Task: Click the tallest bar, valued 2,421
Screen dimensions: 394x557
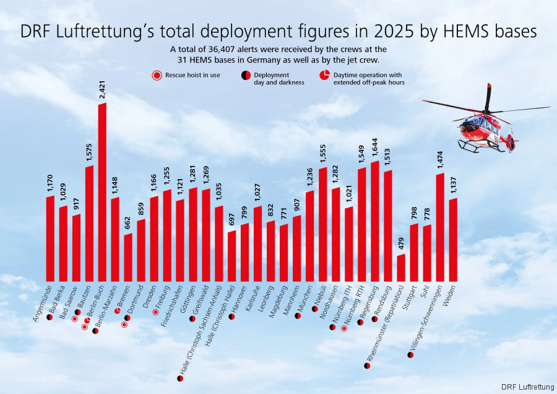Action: click(x=102, y=192)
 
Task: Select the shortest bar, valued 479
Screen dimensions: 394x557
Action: click(x=401, y=267)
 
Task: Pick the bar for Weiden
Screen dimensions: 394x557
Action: click(x=453, y=239)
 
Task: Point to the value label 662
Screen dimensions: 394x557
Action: click(x=128, y=224)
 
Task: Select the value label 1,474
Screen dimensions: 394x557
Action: click(x=440, y=159)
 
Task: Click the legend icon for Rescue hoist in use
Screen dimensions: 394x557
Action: click(x=157, y=75)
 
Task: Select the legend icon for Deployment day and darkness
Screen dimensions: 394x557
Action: click(x=246, y=75)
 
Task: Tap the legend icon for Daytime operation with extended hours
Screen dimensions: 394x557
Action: click(x=324, y=75)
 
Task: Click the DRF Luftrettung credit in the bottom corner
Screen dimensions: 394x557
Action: click(x=528, y=387)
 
